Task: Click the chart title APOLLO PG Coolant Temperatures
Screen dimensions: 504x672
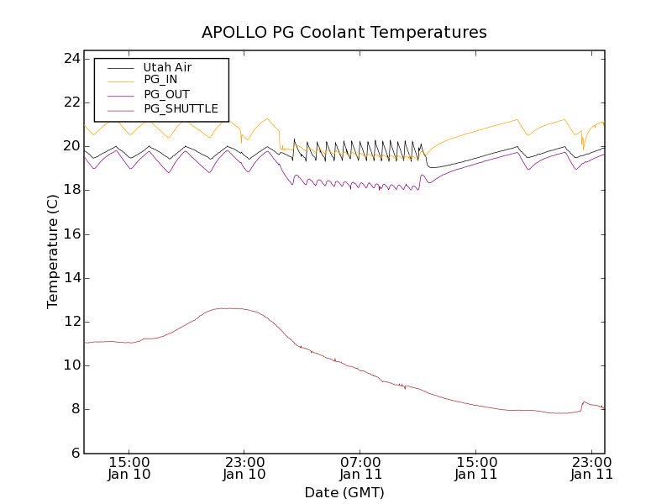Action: pyautogui.click(x=344, y=33)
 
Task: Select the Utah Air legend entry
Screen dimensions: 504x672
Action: pyautogui.click(x=167, y=67)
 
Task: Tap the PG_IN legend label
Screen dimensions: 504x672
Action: pyautogui.click(x=160, y=80)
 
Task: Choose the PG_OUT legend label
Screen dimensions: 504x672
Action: pyautogui.click(x=166, y=94)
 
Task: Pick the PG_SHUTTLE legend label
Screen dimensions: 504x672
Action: pyautogui.click(x=181, y=108)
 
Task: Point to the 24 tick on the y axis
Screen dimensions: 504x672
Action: pyautogui.click(x=71, y=59)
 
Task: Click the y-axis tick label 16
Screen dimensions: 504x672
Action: pyautogui.click(x=71, y=234)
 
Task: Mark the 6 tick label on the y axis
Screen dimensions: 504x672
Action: pyautogui.click(x=75, y=454)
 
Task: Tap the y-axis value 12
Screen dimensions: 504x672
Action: pyautogui.click(x=71, y=322)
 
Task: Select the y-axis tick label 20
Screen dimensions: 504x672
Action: pyautogui.click(x=71, y=146)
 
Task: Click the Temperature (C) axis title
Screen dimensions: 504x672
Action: pyautogui.click(x=53, y=252)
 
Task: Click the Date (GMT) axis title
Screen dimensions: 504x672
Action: pyautogui.click(x=344, y=492)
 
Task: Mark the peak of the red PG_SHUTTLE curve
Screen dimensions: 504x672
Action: pyautogui.click(x=227, y=308)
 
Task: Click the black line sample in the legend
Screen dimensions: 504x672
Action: pyautogui.click(x=118, y=67)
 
